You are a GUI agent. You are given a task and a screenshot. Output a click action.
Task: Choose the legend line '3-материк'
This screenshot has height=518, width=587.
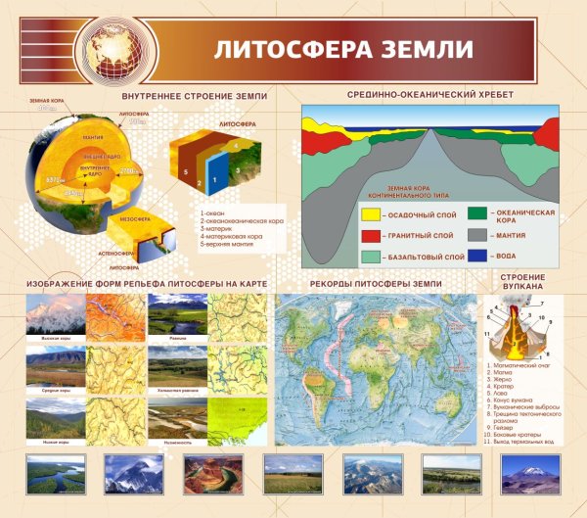(x=216, y=228)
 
